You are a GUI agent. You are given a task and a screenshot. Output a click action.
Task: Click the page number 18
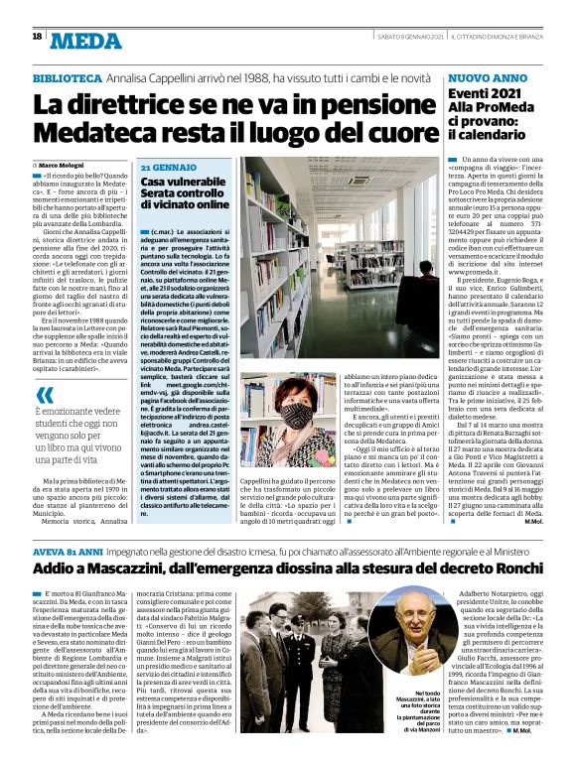(x=37, y=37)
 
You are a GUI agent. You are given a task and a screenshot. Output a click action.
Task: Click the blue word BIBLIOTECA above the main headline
(x=67, y=76)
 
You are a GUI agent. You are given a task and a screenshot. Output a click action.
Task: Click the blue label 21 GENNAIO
(x=168, y=168)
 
